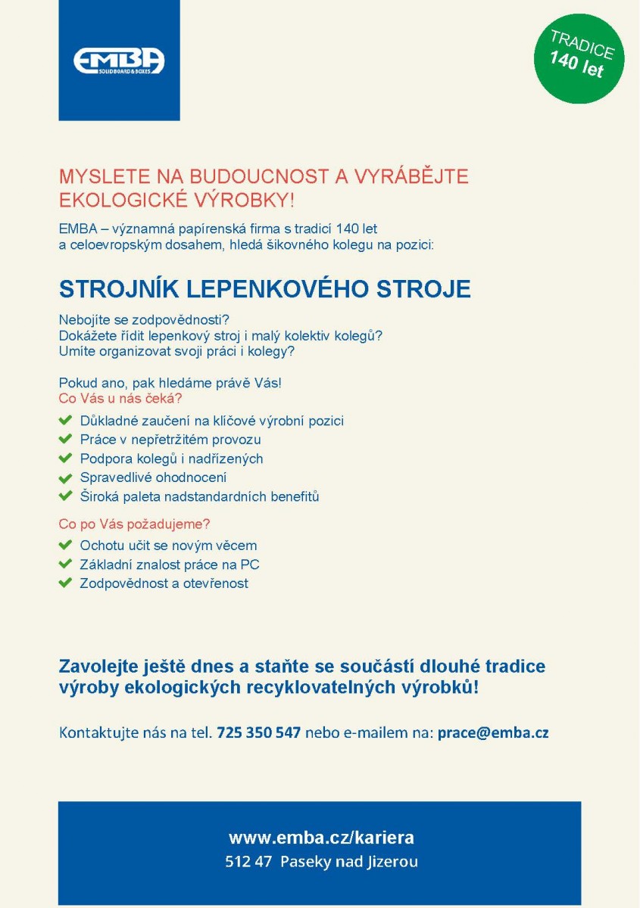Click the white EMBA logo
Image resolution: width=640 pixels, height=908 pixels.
click(119, 61)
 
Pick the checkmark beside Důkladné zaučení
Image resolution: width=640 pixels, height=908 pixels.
click(65, 420)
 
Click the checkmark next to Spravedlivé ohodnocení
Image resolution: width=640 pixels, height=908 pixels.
click(65, 477)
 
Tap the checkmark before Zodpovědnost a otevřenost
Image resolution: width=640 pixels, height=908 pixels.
click(65, 583)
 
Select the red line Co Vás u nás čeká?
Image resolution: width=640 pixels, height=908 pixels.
click(120, 398)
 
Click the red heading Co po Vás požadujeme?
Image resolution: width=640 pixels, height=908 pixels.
click(134, 524)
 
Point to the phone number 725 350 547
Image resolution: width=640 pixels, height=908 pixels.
click(258, 732)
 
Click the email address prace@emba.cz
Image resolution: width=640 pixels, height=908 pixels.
click(493, 732)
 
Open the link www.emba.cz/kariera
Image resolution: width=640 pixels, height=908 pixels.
click(321, 838)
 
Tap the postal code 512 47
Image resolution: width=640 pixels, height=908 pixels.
click(248, 861)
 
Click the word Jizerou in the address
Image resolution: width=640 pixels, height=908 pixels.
click(392, 861)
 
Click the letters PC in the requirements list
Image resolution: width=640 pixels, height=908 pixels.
click(250, 564)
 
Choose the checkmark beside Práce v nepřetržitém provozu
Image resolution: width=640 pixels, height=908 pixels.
click(65, 439)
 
